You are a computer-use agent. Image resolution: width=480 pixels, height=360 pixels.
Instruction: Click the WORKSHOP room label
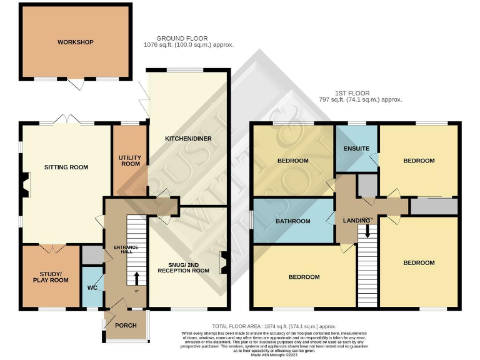(x=76, y=42)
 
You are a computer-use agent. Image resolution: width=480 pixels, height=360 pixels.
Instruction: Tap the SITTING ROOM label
(x=66, y=167)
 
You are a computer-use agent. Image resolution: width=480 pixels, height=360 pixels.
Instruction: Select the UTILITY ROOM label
(x=130, y=161)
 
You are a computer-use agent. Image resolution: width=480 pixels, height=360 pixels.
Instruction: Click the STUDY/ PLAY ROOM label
(x=51, y=277)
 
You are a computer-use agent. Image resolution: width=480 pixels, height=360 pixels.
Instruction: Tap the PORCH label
(x=126, y=326)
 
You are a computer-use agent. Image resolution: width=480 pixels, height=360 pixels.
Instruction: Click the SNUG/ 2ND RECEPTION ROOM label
(x=183, y=267)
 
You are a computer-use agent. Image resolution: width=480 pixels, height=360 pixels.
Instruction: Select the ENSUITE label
(x=356, y=149)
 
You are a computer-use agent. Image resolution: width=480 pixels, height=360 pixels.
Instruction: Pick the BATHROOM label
(x=293, y=221)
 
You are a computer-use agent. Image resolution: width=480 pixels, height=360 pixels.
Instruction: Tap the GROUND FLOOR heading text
(x=183, y=39)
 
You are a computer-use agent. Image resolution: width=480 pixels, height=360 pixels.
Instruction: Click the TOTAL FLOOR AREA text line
(x=274, y=326)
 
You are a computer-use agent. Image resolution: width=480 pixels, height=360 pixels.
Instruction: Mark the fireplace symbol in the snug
(x=222, y=262)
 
